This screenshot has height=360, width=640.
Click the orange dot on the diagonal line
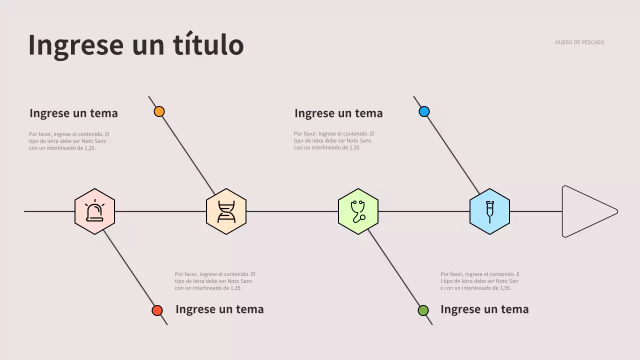click(x=159, y=111)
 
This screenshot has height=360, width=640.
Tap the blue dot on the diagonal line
click(x=424, y=111)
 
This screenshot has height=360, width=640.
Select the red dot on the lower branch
click(x=157, y=310)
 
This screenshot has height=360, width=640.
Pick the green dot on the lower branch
click(x=423, y=310)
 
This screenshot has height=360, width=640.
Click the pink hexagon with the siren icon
click(x=94, y=211)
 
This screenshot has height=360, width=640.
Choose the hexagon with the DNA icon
click(x=226, y=211)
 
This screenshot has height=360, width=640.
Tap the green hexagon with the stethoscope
click(x=358, y=211)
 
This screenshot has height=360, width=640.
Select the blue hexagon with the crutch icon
click(x=489, y=211)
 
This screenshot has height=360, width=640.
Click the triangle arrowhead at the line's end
click(x=586, y=211)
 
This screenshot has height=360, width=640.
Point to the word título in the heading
click(x=208, y=44)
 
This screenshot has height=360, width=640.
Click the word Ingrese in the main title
click(x=75, y=44)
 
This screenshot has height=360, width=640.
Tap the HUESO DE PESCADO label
click(x=579, y=42)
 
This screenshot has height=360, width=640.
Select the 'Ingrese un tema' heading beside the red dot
click(x=219, y=309)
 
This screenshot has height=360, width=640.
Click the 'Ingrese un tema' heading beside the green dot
click(x=484, y=309)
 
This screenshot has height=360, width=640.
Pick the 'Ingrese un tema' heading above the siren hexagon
click(x=73, y=113)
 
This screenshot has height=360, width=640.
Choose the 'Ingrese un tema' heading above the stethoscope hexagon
click(x=338, y=113)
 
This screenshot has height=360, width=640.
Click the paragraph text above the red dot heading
click(x=215, y=281)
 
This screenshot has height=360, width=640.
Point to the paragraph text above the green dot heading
click(x=479, y=281)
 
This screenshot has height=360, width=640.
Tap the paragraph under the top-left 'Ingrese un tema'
click(x=69, y=141)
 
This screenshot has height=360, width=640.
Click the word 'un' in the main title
click(x=148, y=44)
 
